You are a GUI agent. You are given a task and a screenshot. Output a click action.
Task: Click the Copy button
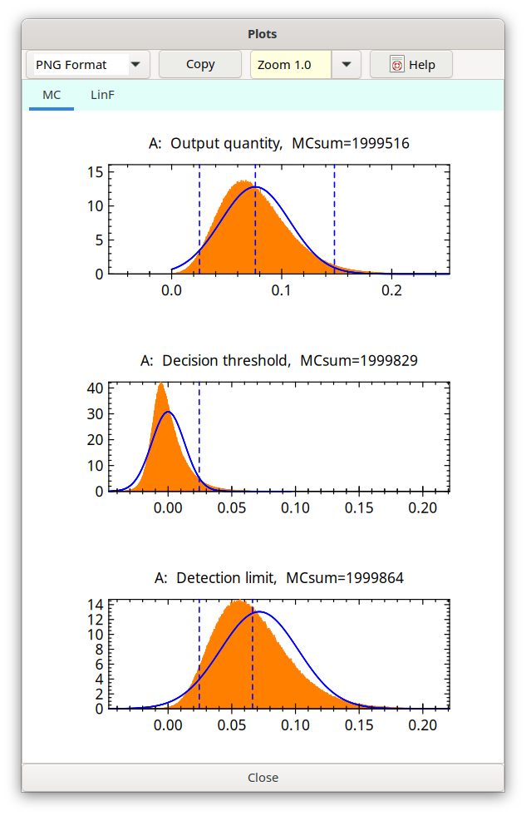coord(200,64)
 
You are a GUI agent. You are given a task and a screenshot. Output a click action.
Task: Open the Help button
coord(411,65)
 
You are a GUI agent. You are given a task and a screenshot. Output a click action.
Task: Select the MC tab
coord(52,95)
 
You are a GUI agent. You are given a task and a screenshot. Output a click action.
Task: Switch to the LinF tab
coord(102,95)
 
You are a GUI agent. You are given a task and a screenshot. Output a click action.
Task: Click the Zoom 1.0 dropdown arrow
coord(347,64)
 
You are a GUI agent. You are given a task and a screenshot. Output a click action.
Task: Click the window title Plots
coord(263,34)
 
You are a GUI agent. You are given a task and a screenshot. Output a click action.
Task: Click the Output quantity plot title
coord(278,143)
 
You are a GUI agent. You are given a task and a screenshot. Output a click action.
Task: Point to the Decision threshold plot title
coord(278,361)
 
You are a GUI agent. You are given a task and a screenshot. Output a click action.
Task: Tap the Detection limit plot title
coord(278,577)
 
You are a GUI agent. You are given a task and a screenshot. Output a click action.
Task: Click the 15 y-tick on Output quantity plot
coord(95,172)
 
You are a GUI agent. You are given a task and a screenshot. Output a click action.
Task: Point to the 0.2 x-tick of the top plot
coord(391,290)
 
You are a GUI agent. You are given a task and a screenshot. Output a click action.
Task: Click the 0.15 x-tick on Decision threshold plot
coord(359,507)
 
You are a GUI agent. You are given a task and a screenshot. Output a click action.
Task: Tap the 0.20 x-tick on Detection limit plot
coord(423,725)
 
